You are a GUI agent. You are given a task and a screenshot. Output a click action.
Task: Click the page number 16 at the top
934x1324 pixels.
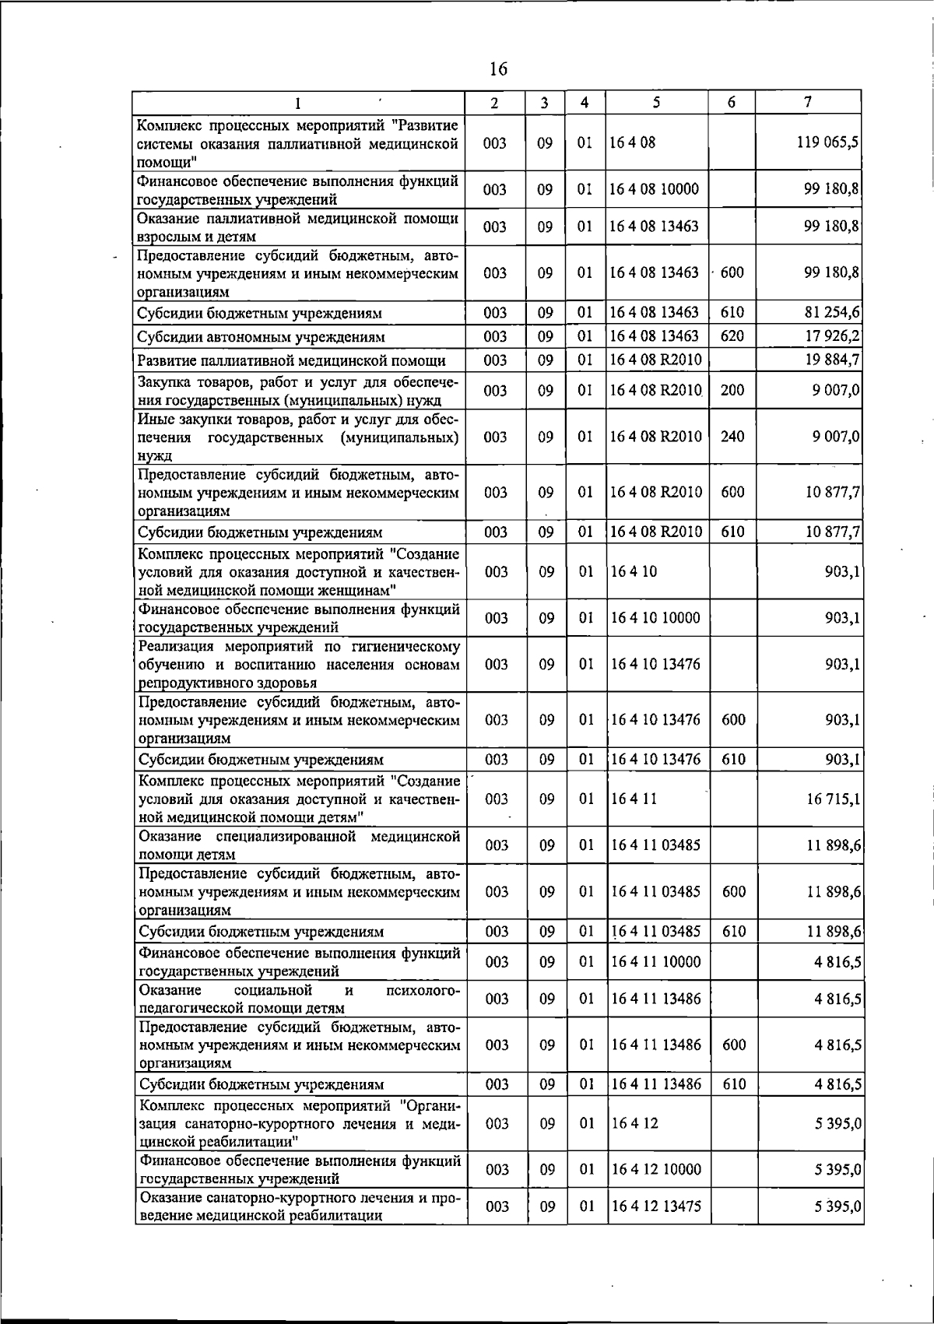[x=498, y=69]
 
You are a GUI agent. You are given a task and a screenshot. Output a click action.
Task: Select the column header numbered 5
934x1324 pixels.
[x=657, y=102]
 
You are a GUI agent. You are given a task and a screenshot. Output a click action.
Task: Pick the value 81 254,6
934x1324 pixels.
[x=831, y=313]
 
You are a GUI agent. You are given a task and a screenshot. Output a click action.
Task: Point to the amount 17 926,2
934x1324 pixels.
[x=831, y=336]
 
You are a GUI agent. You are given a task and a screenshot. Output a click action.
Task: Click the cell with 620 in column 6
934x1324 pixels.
[x=732, y=336]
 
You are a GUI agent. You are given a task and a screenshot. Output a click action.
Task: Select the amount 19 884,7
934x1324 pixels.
[x=831, y=360]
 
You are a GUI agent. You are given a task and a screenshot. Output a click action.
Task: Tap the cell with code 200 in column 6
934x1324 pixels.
[x=732, y=390]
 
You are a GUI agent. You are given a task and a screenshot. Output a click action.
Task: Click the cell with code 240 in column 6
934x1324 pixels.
[x=732, y=437]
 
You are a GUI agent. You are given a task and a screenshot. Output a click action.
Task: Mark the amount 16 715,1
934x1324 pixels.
[x=831, y=799]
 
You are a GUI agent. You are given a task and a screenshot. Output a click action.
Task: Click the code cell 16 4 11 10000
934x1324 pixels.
[x=656, y=961]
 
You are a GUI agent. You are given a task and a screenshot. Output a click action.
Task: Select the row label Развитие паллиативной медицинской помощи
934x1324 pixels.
[x=291, y=360]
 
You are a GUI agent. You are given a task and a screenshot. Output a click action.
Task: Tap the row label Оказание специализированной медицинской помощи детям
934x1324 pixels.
[x=299, y=845]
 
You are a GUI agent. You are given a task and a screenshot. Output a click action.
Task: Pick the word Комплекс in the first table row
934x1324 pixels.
[x=168, y=125]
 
